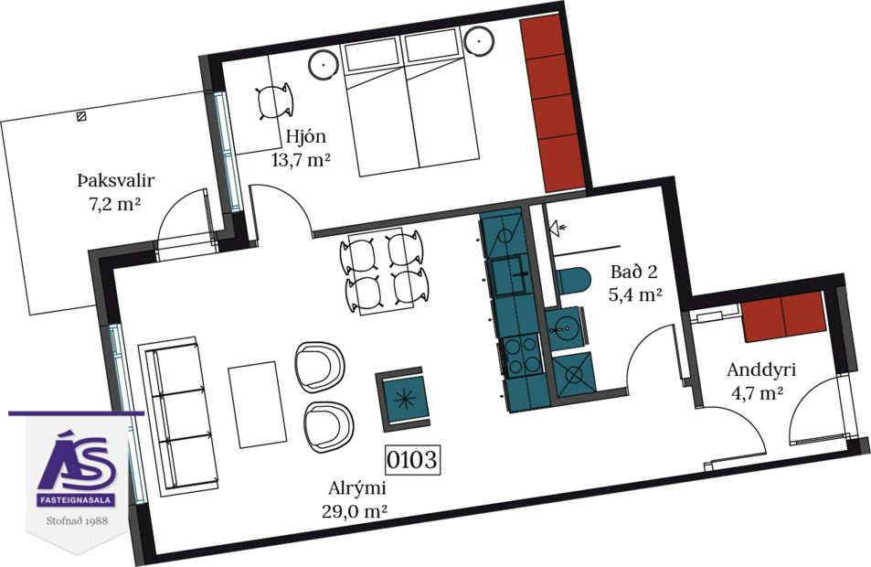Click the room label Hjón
point(305,138)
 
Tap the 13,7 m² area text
point(301,160)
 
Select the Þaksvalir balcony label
point(109,181)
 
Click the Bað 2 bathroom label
point(633,273)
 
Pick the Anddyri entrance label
point(761,371)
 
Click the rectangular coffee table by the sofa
point(253,403)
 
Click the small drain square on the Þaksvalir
point(81,116)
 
